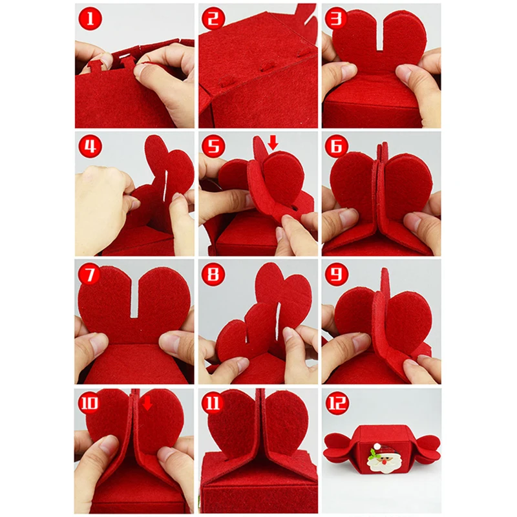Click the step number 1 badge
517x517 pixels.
click(90, 19)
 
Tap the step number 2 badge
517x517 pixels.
click(213, 19)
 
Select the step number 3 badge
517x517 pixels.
click(336, 19)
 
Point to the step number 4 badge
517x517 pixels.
click(90, 146)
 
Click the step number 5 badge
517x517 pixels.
click(213, 146)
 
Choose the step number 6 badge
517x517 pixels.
click(336, 146)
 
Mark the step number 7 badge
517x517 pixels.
click(90, 274)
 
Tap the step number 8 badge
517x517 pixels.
click(213, 274)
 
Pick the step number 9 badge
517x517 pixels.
click(336, 274)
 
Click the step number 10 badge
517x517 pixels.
click(89, 403)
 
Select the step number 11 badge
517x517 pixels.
click(213, 403)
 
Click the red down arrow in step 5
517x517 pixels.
click(273, 142)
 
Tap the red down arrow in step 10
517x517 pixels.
click(147, 403)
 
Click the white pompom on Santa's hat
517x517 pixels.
click(377, 447)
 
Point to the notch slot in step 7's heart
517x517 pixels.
click(134, 299)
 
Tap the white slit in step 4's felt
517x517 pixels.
click(165, 185)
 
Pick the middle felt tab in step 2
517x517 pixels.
click(266, 67)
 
